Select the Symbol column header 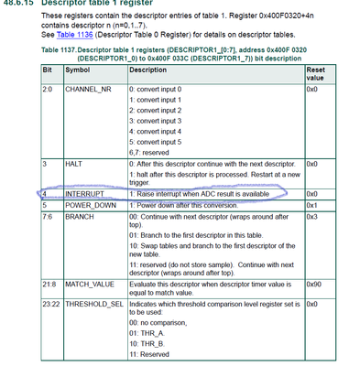(52, 68)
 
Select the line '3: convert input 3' (161, 120)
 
